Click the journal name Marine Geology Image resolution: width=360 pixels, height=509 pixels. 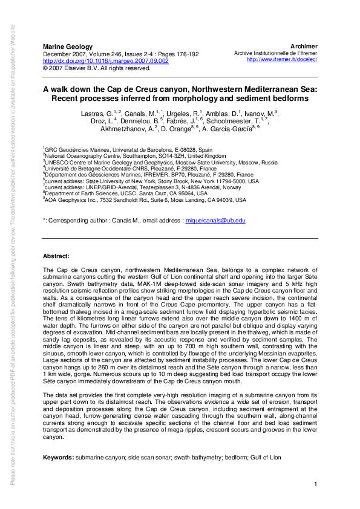(x=67, y=47)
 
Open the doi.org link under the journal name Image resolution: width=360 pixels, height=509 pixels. (x=105, y=61)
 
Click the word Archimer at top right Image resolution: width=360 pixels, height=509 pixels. (x=304, y=47)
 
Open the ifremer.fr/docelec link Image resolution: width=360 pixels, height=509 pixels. (x=282, y=60)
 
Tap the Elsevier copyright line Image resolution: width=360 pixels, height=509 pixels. (x=96, y=68)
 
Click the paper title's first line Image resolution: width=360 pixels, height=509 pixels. (x=180, y=88)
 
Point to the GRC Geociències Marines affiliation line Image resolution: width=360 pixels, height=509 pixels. (x=128, y=149)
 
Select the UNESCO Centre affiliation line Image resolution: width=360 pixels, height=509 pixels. (x=160, y=163)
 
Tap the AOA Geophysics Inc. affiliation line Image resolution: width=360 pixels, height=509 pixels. (x=145, y=199)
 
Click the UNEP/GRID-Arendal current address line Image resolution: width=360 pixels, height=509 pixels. (x=138, y=187)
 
